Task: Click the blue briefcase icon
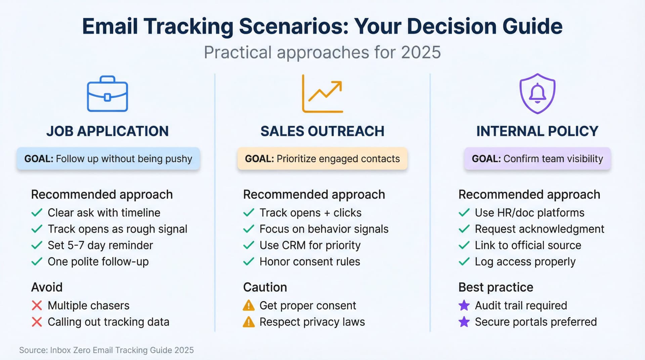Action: (107, 94)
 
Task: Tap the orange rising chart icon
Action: (322, 94)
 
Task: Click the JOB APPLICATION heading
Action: (107, 131)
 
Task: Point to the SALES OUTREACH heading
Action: (322, 131)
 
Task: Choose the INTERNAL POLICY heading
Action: (537, 131)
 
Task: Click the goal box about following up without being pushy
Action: (108, 159)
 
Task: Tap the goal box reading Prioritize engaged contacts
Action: (322, 159)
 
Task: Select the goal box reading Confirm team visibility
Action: (537, 159)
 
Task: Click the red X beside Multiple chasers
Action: (37, 306)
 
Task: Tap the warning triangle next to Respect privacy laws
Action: (249, 322)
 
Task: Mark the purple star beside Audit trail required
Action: (464, 306)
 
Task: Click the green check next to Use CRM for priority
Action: (249, 245)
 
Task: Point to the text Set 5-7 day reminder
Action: (100, 245)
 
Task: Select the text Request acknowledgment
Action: (539, 229)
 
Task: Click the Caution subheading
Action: (265, 287)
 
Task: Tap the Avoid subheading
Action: (47, 287)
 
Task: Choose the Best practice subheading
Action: (496, 287)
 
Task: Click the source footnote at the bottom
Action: (106, 350)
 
